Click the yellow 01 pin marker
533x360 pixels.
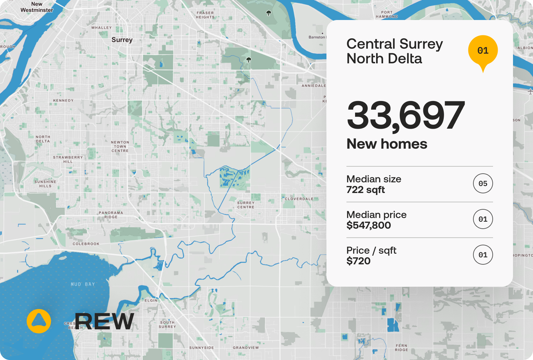(x=483, y=51)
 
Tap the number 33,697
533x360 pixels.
(x=406, y=115)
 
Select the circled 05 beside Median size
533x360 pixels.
(x=483, y=183)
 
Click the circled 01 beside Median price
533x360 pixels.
(x=483, y=219)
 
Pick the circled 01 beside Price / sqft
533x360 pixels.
(x=483, y=255)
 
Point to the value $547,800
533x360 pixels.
(x=368, y=225)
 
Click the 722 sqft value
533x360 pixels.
(x=365, y=190)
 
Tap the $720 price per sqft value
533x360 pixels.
(x=358, y=261)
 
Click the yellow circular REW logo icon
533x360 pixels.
(x=39, y=321)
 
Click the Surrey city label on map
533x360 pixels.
(x=122, y=40)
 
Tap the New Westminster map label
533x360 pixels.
(x=37, y=7)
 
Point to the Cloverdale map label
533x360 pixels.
(x=299, y=199)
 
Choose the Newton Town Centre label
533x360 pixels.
(x=120, y=146)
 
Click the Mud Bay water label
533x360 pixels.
(x=83, y=284)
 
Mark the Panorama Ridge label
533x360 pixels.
(x=111, y=215)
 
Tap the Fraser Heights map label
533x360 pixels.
(x=205, y=15)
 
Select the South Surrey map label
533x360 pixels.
(x=167, y=324)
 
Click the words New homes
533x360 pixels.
(x=387, y=144)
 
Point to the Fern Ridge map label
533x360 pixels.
(x=401, y=348)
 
